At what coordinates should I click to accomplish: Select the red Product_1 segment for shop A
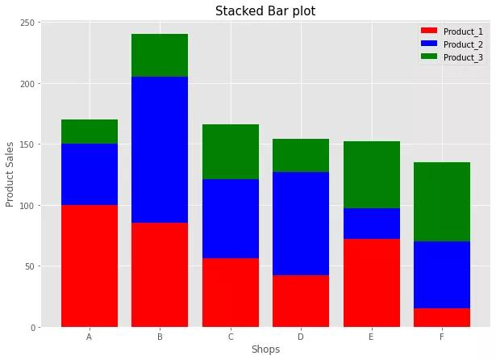89,266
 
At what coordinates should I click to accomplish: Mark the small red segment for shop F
442,317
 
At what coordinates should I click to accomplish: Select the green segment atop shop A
89,132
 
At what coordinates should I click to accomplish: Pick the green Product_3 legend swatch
429,57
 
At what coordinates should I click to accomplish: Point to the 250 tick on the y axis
27,23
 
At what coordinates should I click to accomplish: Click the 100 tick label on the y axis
27,205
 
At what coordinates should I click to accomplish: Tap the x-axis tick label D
301,337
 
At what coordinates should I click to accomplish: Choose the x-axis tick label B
160,337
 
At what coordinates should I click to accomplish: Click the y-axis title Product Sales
10,174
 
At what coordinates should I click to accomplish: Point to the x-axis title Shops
265,350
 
